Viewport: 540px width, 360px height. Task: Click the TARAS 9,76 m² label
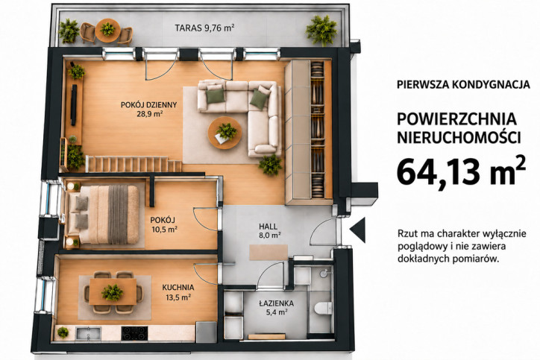click(x=204, y=28)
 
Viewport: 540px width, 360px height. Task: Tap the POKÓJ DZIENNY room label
click(x=148, y=109)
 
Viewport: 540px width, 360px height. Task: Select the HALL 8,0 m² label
click(x=269, y=231)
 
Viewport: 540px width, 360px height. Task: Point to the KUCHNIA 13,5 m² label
click(x=178, y=292)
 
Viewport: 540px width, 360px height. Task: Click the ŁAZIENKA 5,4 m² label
click(x=277, y=308)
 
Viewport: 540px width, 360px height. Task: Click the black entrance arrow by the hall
click(x=358, y=230)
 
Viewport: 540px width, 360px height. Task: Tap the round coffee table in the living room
click(x=225, y=133)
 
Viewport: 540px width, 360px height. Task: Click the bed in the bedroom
click(x=103, y=215)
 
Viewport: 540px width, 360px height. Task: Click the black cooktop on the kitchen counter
click(x=134, y=333)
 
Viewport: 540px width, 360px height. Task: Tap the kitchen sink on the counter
click(x=88, y=333)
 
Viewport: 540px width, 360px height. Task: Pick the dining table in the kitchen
click(x=113, y=291)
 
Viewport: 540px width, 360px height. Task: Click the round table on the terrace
click(x=108, y=30)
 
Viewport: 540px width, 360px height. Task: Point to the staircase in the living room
click(x=134, y=164)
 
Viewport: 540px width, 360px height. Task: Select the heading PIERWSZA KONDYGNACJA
click(x=463, y=85)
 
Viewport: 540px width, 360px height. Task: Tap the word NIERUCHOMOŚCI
click(x=459, y=138)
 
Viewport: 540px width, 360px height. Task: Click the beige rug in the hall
click(x=269, y=252)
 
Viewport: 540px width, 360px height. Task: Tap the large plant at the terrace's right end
click(x=321, y=30)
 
